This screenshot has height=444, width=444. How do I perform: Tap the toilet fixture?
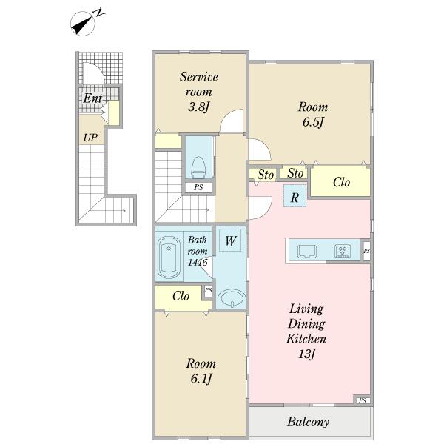click(x=198, y=168)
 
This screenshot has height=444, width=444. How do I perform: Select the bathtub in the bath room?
click(x=169, y=258)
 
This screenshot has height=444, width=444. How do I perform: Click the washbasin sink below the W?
click(x=232, y=298)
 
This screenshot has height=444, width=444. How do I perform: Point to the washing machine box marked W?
click(x=230, y=240)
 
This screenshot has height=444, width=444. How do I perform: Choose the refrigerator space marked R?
click(x=295, y=196)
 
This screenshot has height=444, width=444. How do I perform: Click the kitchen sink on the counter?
click(x=307, y=252)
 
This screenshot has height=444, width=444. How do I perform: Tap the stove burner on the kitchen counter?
click(x=343, y=251)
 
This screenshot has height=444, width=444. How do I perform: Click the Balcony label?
click(x=308, y=422)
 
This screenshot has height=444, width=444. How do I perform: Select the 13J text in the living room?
click(x=307, y=354)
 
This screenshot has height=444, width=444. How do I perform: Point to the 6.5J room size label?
click(x=313, y=122)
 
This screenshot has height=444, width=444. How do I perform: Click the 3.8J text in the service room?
click(x=198, y=107)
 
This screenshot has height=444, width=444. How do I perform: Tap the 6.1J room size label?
click(x=201, y=379)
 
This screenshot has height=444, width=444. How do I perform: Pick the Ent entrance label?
click(x=92, y=98)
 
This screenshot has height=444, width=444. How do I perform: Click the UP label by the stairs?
click(x=90, y=138)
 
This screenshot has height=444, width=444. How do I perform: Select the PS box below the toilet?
click(x=198, y=187)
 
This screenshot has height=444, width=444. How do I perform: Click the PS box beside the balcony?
click(x=363, y=400)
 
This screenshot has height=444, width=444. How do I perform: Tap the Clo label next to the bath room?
click(x=181, y=296)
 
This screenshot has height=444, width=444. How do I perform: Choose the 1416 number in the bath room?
click(x=198, y=262)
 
